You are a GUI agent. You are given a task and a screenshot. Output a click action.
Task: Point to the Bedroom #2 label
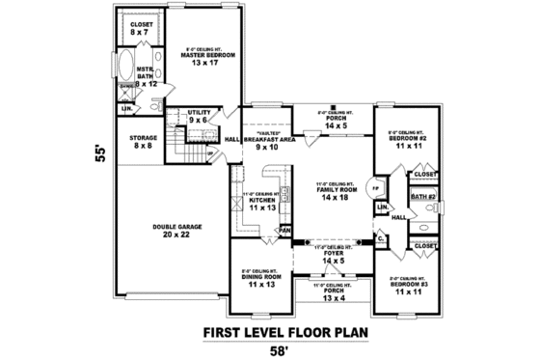[405, 140]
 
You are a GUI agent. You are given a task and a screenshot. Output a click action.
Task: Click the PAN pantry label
[285, 231]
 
